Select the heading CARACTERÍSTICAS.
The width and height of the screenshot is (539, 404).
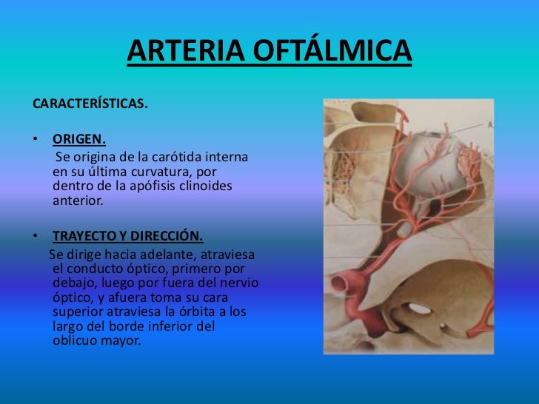[90, 104]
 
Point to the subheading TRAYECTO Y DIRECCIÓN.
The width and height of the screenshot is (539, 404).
[127, 237]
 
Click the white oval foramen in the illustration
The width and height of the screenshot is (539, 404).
[420, 308]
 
